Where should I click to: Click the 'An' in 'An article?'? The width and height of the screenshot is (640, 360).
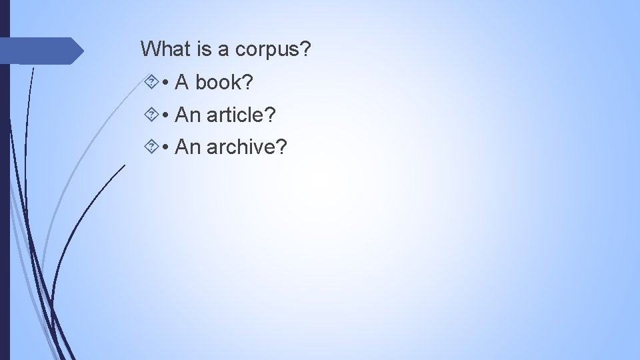pos(187,115)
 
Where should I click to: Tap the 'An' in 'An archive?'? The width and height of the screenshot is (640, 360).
pos(187,147)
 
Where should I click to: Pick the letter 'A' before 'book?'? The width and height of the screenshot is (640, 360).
pos(181,82)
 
